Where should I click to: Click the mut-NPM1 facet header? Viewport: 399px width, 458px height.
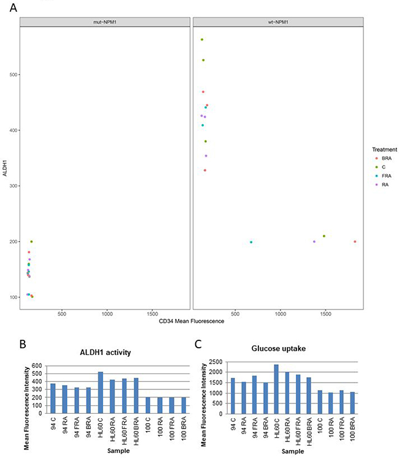(x=104, y=22)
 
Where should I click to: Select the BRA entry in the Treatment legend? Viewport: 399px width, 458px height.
(x=387, y=158)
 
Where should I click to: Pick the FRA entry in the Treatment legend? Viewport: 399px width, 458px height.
(x=387, y=175)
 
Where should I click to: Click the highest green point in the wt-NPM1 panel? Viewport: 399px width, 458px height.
(x=202, y=40)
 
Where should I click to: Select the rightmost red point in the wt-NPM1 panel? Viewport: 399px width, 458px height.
(x=355, y=242)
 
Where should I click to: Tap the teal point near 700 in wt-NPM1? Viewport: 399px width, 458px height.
(x=251, y=242)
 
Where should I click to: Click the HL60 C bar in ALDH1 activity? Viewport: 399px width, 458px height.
(x=101, y=392)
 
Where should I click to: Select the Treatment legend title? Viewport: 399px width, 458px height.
(x=384, y=149)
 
